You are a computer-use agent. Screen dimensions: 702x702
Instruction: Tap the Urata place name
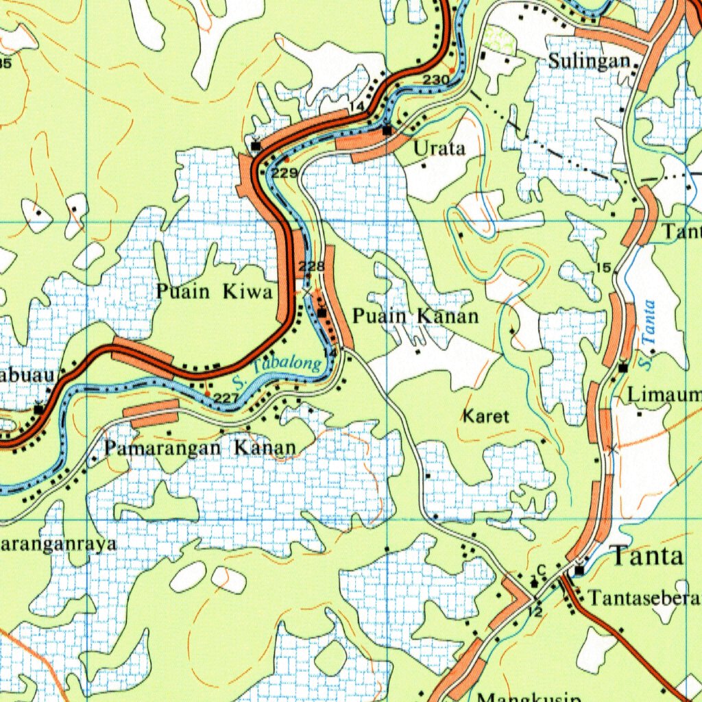pos(439,148)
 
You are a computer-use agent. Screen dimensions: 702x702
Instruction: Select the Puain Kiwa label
pos(214,292)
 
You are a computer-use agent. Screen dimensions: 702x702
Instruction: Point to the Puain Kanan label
pos(415,316)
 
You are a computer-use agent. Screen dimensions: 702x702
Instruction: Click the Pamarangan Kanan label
pos(200,448)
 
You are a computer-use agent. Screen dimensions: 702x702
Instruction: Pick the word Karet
pos(486,416)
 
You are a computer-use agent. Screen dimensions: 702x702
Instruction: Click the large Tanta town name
pos(647,556)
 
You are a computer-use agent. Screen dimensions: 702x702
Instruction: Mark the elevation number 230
pos(435,80)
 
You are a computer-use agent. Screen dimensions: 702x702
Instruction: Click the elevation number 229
pos(284,173)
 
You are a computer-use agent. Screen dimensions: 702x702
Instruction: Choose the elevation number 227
pos(226,398)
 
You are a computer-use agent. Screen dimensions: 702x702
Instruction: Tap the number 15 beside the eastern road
pos(603,267)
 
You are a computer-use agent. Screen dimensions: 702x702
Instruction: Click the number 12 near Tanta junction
pos(535,611)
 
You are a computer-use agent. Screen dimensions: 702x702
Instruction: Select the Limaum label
pos(664,395)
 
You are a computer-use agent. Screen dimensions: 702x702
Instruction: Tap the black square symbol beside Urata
pos(387,130)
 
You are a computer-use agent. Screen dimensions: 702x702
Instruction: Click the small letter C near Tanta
pos(540,568)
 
